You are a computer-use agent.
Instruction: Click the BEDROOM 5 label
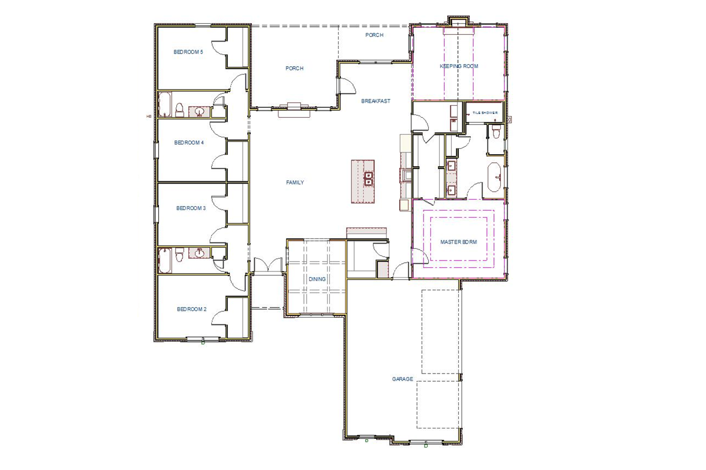tap(188, 52)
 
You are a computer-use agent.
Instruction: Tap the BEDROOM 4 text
tap(189, 143)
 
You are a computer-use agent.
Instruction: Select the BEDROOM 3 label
tap(191, 208)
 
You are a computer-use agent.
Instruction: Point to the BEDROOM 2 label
tap(191, 309)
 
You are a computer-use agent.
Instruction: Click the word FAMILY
tap(295, 182)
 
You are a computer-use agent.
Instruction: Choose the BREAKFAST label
tap(376, 101)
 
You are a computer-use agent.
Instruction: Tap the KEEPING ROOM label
tap(459, 66)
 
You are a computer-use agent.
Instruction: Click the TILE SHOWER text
tap(485, 113)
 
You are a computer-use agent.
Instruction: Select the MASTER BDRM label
tap(459, 242)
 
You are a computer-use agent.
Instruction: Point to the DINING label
tap(317, 279)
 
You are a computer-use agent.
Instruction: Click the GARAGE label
tap(403, 379)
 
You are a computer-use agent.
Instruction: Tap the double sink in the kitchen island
tap(368, 179)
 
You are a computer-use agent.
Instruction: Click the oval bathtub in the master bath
tap(495, 177)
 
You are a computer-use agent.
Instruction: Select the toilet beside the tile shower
tap(495, 132)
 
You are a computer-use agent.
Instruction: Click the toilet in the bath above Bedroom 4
tap(180, 110)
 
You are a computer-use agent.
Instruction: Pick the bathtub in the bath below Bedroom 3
tap(164, 260)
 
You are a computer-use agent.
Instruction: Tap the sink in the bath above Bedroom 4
tap(199, 111)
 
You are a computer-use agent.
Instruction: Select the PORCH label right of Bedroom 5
tap(294, 69)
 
